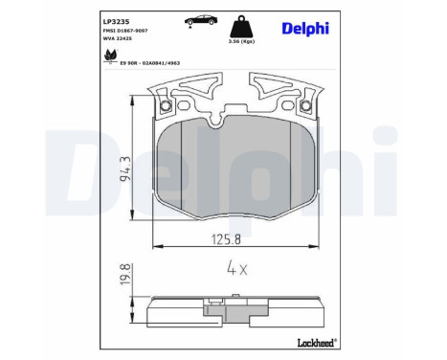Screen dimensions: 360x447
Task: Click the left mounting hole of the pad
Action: [168, 105]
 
